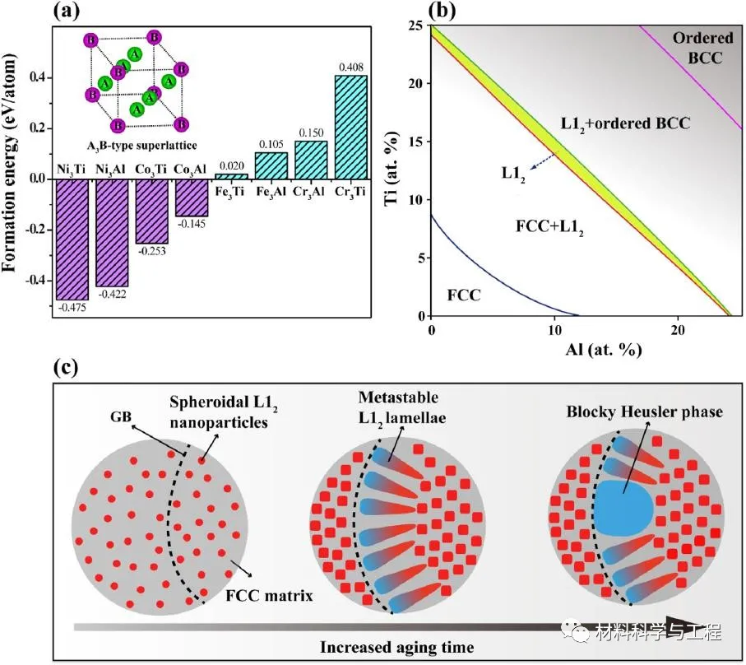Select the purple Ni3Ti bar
[x=72, y=239]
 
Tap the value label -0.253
[x=151, y=251]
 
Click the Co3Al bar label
[x=192, y=170]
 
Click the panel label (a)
[x=66, y=11]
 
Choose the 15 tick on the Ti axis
[x=419, y=142]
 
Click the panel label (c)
[x=66, y=365]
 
